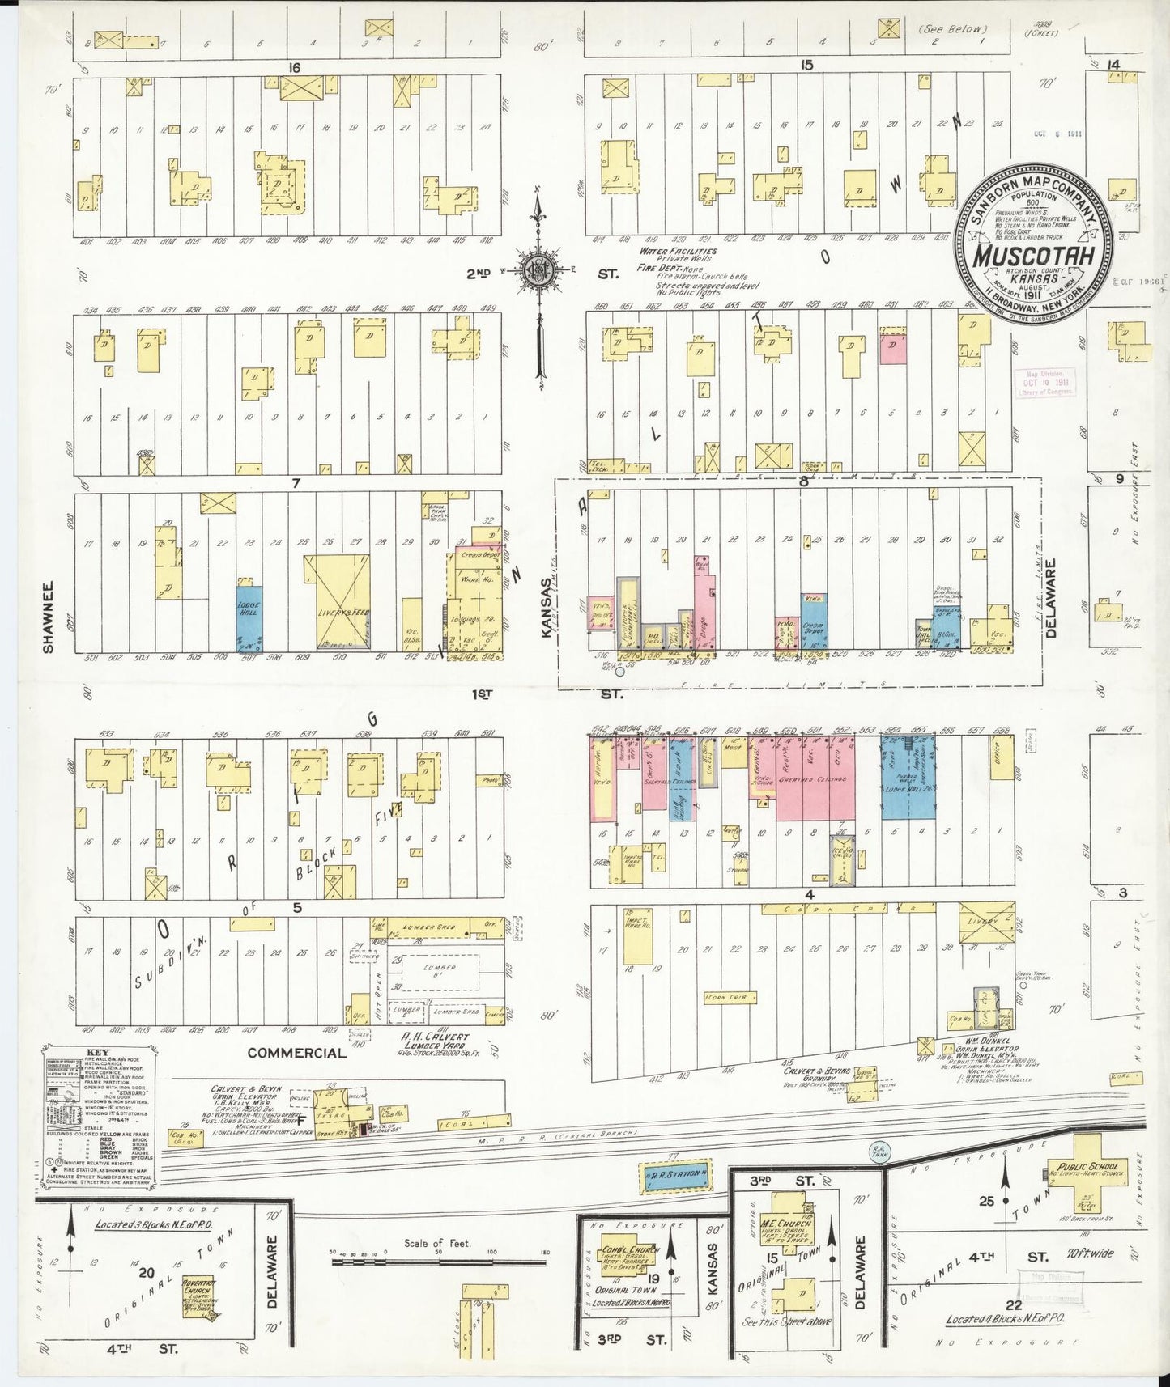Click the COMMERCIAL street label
(x=296, y=1053)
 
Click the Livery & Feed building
(x=336, y=602)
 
